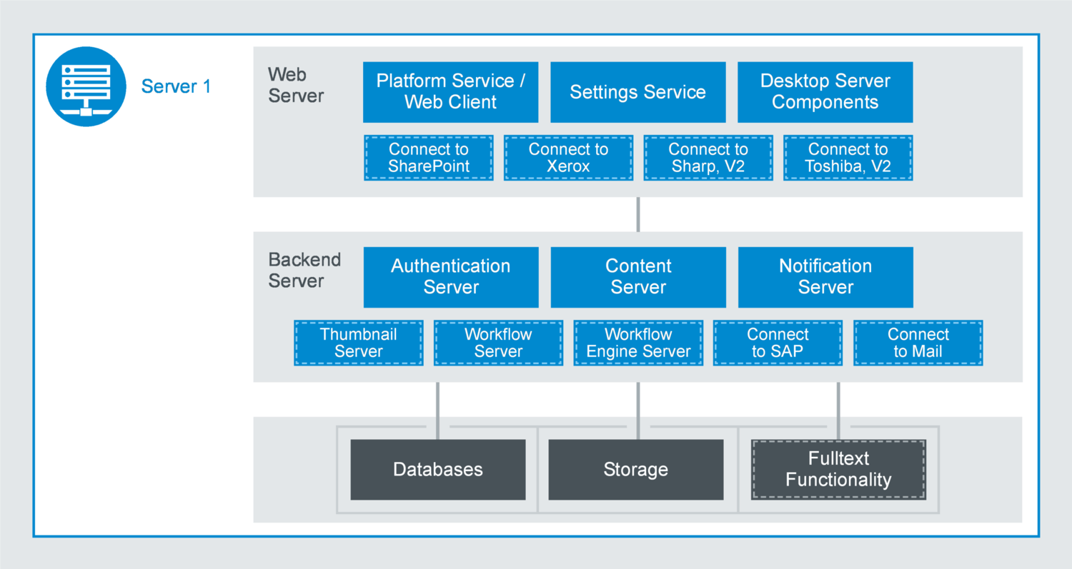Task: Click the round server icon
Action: click(86, 87)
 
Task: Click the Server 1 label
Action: click(176, 86)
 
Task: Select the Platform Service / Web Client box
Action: click(450, 91)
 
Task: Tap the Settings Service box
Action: click(637, 91)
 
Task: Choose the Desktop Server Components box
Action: click(825, 91)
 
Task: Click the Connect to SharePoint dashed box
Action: click(428, 158)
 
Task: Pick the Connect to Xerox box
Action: click(568, 158)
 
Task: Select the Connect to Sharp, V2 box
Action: click(708, 158)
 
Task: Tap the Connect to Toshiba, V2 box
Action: click(848, 158)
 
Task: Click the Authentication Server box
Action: click(450, 277)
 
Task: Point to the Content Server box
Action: click(637, 277)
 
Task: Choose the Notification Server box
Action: click(825, 277)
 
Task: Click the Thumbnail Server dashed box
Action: click(358, 343)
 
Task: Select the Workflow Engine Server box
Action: click(638, 343)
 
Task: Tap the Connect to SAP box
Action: click(778, 343)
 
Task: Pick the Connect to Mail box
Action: click(918, 343)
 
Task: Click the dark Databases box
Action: click(437, 469)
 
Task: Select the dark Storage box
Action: click(635, 469)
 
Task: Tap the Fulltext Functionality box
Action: click(838, 469)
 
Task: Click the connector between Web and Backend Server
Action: click(637, 214)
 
